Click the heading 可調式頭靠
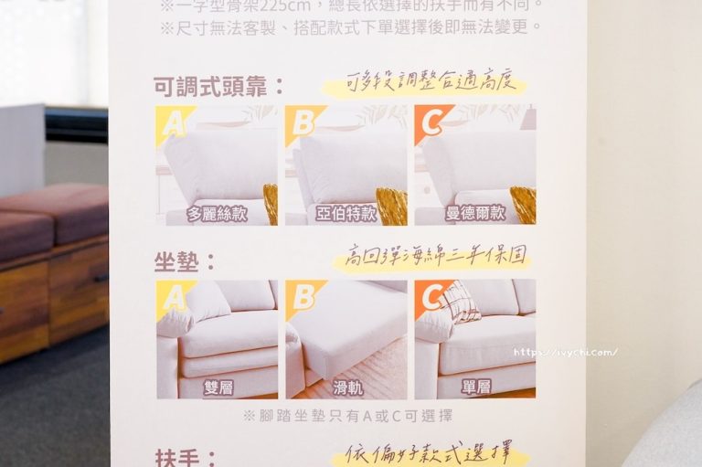tap(218, 88)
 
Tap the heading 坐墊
tap(186, 262)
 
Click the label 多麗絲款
tap(218, 215)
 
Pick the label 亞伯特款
tap(346, 215)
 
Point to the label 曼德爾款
tap(475, 215)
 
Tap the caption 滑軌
tap(346, 387)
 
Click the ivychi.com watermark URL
tap(564, 352)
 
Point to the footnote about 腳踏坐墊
tap(346, 416)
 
